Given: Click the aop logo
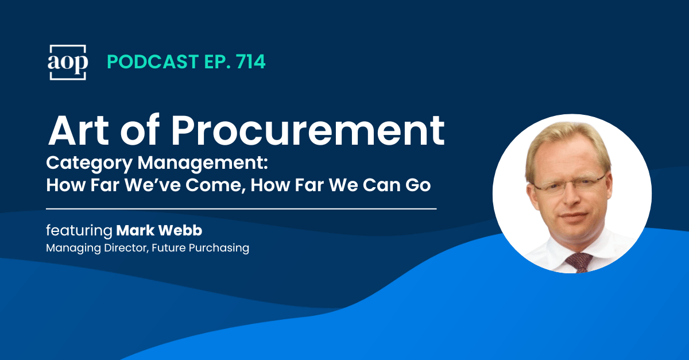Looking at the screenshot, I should (67, 62).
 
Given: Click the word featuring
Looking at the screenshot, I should (79, 231).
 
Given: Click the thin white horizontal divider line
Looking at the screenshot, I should (241, 208).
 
